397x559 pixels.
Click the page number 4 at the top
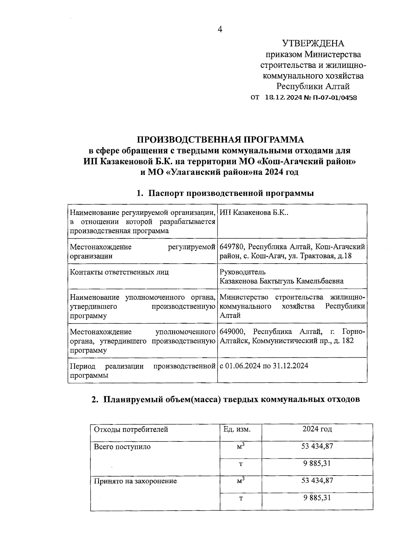[220, 30]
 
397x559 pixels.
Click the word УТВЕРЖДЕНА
[313, 43]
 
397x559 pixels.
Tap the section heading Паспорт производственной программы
[231, 193]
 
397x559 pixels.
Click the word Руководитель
[243, 272]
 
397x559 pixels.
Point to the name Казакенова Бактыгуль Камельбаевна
[282, 281]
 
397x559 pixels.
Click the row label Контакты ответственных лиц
[119, 272]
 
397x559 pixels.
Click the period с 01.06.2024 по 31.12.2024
[264, 366]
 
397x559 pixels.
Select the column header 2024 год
[317, 429]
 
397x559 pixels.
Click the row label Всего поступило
[122, 447]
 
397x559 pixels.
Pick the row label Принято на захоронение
[135, 481]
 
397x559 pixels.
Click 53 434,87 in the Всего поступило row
[317, 446]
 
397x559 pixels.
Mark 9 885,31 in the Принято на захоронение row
[317, 498]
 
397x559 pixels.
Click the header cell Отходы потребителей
[131, 430]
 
